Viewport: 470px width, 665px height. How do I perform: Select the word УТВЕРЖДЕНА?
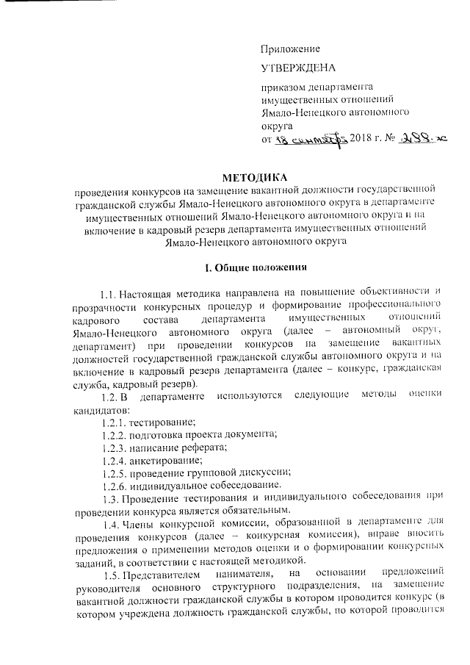pyautogui.click(x=298, y=68)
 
